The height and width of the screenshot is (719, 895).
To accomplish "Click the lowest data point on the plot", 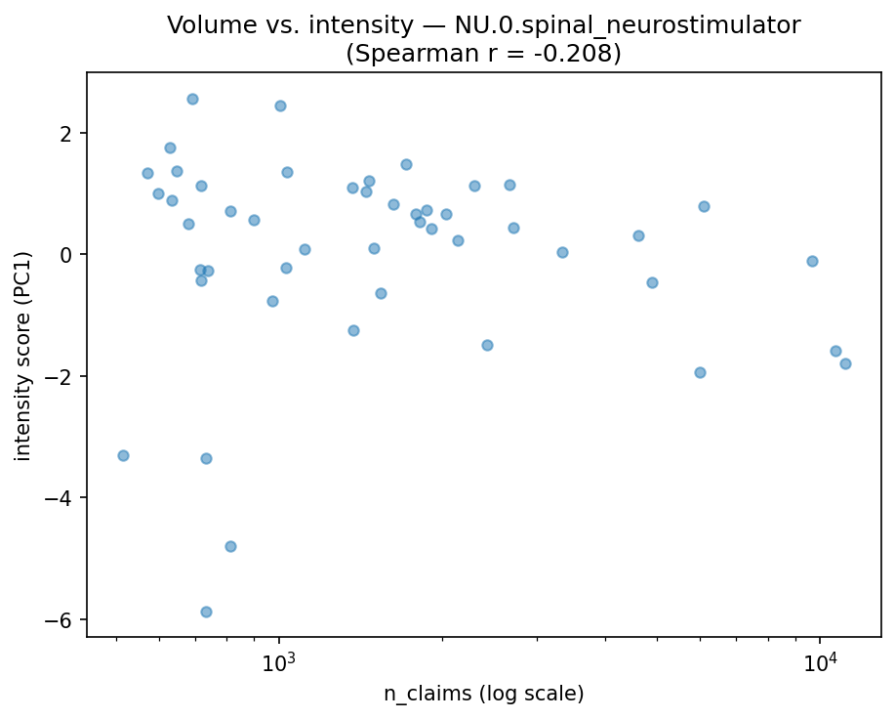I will [206, 612].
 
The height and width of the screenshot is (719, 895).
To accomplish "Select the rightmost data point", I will [845, 363].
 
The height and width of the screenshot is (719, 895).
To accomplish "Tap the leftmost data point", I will [123, 455].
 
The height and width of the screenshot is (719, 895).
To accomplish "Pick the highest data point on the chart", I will [192, 99].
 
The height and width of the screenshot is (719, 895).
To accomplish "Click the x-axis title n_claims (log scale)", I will [483, 695].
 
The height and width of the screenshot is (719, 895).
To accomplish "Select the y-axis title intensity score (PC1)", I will [22, 356].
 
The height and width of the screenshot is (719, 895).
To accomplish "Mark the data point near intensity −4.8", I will [230, 546].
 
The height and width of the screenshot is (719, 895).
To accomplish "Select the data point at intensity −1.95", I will [700, 372].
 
